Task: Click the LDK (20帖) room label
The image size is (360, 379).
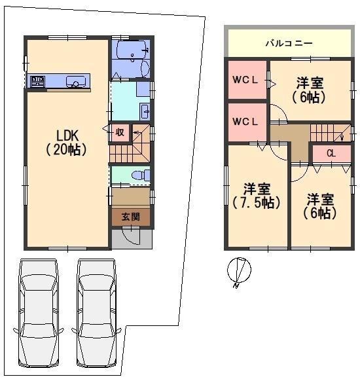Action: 67,143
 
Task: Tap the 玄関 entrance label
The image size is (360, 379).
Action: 131,217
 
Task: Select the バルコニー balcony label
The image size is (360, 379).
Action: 289,43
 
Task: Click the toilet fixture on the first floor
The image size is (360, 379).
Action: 141,175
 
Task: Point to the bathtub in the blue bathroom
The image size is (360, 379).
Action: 131,50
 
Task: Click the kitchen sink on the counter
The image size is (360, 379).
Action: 76,81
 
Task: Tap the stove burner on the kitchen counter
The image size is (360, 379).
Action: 38,81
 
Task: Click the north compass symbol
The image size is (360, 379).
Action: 239,270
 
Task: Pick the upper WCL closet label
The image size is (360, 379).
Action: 245,80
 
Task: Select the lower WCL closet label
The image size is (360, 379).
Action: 245,122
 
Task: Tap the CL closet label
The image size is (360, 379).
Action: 331,153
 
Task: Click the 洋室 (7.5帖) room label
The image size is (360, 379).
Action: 257,196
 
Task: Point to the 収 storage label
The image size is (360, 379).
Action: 120,132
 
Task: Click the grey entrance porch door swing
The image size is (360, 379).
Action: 131,236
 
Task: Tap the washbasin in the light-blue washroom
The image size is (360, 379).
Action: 145,111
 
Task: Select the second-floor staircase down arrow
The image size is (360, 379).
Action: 342,136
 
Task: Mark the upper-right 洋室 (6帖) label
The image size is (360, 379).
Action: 309,90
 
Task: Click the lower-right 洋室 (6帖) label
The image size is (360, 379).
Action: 320,206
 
